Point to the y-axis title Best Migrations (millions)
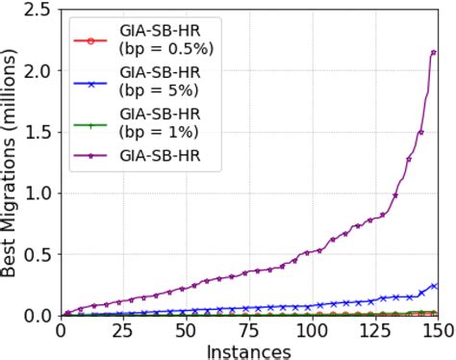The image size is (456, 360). pyautogui.click(x=11, y=164)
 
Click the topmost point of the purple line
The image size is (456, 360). pyautogui.click(x=434, y=52)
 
